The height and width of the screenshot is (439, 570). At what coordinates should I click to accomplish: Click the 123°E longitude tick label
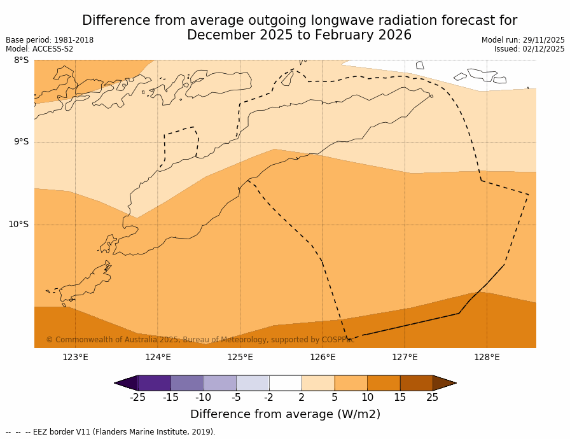75,357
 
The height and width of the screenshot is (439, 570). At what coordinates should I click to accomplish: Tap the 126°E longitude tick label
323,357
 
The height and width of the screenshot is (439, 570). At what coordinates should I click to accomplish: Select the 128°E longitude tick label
487,357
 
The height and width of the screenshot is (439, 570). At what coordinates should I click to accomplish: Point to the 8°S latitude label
22,60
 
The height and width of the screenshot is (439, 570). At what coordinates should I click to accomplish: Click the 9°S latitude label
22,142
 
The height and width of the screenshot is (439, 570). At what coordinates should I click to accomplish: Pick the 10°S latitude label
18,224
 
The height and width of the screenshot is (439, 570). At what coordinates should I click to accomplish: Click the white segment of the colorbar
285,383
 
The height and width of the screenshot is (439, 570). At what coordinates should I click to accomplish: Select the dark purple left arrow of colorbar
127,383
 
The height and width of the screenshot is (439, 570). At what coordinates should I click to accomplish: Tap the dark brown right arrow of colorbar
444,383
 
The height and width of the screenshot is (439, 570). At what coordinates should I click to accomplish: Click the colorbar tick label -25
137,398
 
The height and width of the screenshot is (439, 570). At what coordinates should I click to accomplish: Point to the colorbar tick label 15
400,398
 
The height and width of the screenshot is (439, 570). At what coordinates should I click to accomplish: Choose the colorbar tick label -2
268,398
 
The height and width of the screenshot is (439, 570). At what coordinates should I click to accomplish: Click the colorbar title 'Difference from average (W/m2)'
285,414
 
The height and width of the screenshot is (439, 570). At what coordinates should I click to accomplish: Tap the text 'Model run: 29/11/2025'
523,40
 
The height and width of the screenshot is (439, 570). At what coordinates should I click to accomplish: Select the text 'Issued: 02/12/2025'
529,49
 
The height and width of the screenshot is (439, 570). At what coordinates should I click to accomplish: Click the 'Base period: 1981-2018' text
50,40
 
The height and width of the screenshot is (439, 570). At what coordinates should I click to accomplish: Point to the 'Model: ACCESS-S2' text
39,49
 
